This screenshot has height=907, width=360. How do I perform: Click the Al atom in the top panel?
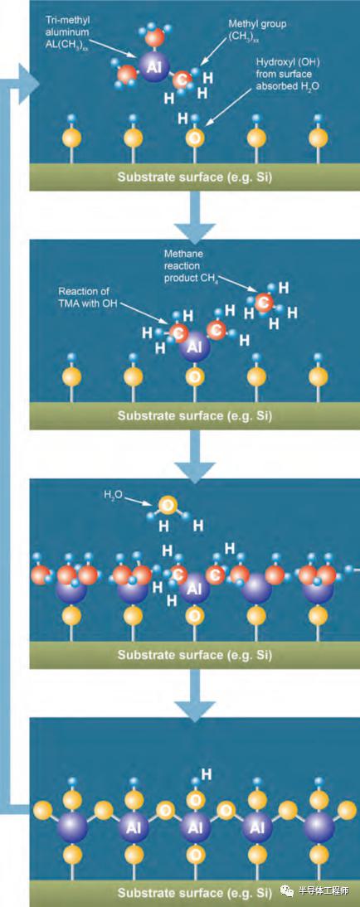click(153, 66)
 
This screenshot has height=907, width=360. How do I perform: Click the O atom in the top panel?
click(194, 138)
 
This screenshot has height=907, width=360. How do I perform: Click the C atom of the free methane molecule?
click(263, 302)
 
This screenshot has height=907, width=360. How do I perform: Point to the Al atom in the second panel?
click(195, 347)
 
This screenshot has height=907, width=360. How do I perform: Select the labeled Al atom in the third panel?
click(195, 589)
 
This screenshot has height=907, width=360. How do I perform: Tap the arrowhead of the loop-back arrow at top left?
click(27, 84)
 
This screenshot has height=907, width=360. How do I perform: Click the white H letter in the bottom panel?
click(207, 774)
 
